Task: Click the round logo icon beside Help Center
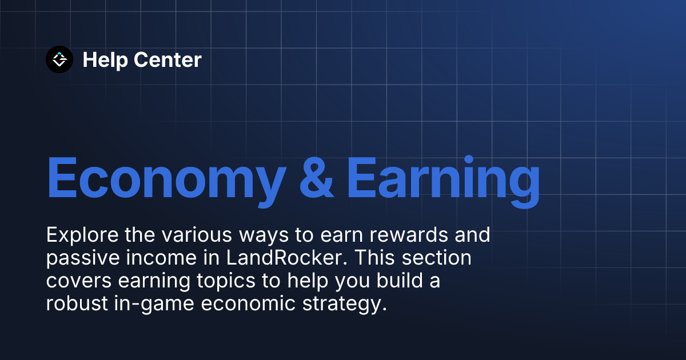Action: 59,59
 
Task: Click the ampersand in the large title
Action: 316,177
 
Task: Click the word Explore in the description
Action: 77,235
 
